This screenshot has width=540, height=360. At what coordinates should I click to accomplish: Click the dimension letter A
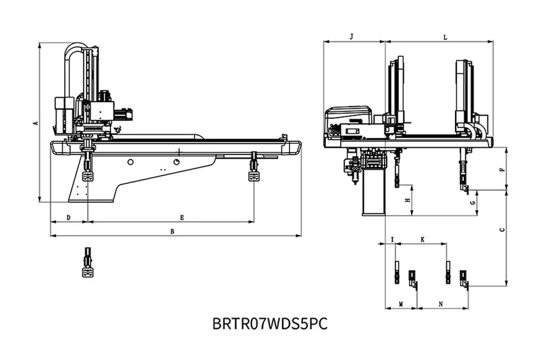tap(35, 123)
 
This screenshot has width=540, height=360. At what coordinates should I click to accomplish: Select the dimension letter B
tap(173, 232)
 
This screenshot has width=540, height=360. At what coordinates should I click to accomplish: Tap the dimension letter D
tap(69, 217)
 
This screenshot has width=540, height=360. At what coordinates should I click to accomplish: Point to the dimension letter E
tap(182, 217)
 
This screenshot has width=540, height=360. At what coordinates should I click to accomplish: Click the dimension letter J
tap(352, 36)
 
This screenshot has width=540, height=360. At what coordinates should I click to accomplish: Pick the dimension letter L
tap(445, 37)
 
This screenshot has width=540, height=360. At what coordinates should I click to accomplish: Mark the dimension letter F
tap(502, 169)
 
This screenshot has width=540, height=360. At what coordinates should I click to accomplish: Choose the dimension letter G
tap(473, 203)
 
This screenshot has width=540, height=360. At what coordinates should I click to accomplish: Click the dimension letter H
tap(408, 200)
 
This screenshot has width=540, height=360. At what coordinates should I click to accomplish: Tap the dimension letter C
tap(502, 230)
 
